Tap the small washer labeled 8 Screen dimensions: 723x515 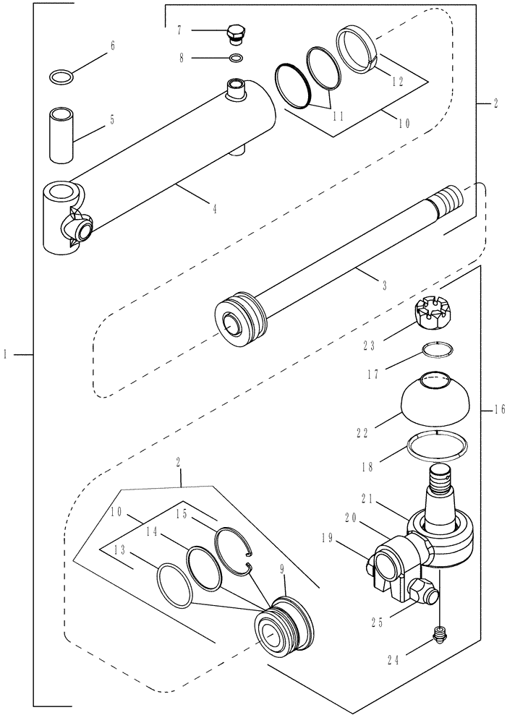[235, 57]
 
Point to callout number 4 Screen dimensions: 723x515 [215, 210]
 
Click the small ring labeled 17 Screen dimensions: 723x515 [439, 350]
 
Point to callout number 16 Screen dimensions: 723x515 [500, 409]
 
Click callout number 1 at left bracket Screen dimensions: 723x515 [6, 354]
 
